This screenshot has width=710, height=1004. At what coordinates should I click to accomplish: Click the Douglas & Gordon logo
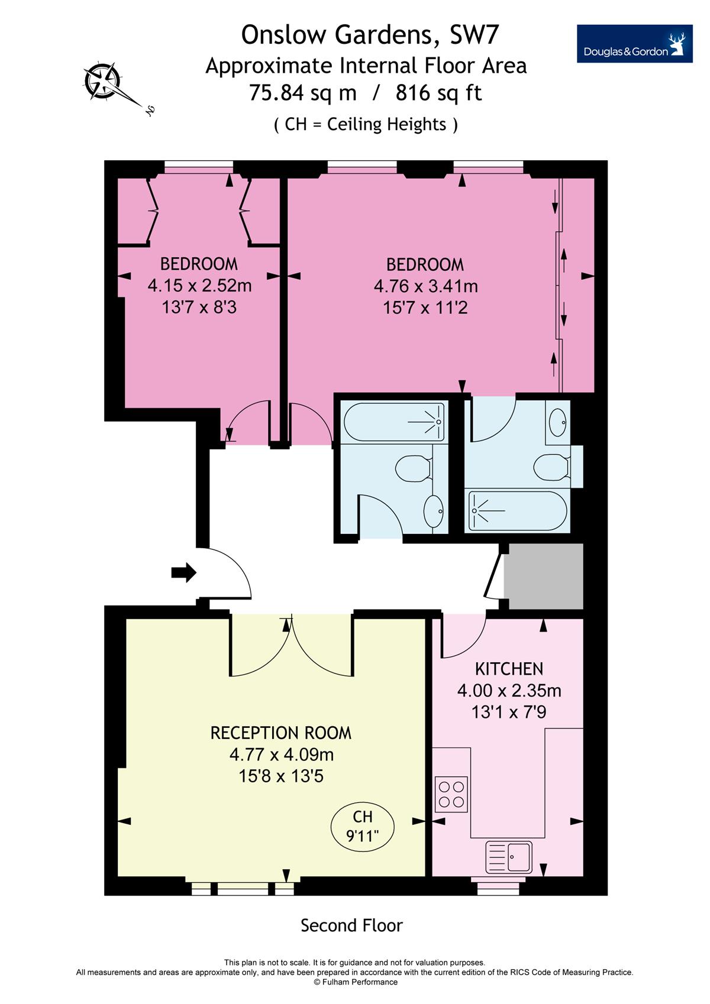pyautogui.click(x=634, y=44)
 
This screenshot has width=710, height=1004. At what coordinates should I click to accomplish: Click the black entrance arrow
pyautogui.click(x=183, y=572)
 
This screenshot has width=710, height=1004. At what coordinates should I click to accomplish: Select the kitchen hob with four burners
pyautogui.click(x=451, y=794)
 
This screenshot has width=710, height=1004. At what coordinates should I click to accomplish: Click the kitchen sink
pyautogui.click(x=509, y=857)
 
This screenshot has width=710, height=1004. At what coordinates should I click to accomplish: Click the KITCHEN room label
pyautogui.click(x=509, y=669)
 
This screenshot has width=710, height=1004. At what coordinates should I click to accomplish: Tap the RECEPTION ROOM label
pyautogui.click(x=281, y=733)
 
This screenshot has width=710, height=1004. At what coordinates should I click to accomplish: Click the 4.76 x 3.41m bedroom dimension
pyautogui.click(x=425, y=286)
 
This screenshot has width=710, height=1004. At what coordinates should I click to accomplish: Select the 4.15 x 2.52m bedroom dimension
pyautogui.click(x=199, y=285)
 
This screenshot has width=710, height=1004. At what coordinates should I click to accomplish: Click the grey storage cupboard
pyautogui.click(x=544, y=577)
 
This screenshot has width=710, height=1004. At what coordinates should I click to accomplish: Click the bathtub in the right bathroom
pyautogui.click(x=518, y=510)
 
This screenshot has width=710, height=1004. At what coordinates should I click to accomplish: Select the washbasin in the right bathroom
pyautogui.click(x=557, y=422)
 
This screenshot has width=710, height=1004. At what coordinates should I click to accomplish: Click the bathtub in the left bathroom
pyautogui.click(x=394, y=422)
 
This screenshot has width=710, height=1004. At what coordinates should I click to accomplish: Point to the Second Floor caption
pyautogui.click(x=351, y=925)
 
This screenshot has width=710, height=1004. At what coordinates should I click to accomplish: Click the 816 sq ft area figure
pyautogui.click(x=438, y=93)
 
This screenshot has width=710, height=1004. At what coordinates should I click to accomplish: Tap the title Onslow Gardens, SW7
pyautogui.click(x=370, y=35)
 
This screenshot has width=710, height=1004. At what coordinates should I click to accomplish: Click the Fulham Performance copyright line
pyautogui.click(x=355, y=982)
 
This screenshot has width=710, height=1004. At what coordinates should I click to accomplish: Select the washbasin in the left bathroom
pyautogui.click(x=434, y=512)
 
